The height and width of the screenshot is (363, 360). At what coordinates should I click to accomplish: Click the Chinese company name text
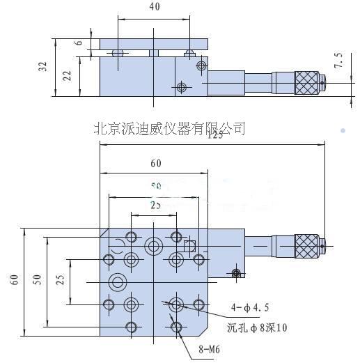tap(169, 128)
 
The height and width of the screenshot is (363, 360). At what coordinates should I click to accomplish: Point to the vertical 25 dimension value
tap(61, 280)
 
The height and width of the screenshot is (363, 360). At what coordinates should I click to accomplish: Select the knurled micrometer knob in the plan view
tap(307, 245)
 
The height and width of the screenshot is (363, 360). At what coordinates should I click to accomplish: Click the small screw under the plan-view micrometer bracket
tap(237, 272)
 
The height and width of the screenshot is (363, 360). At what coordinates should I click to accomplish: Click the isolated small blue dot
tap(343, 130)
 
